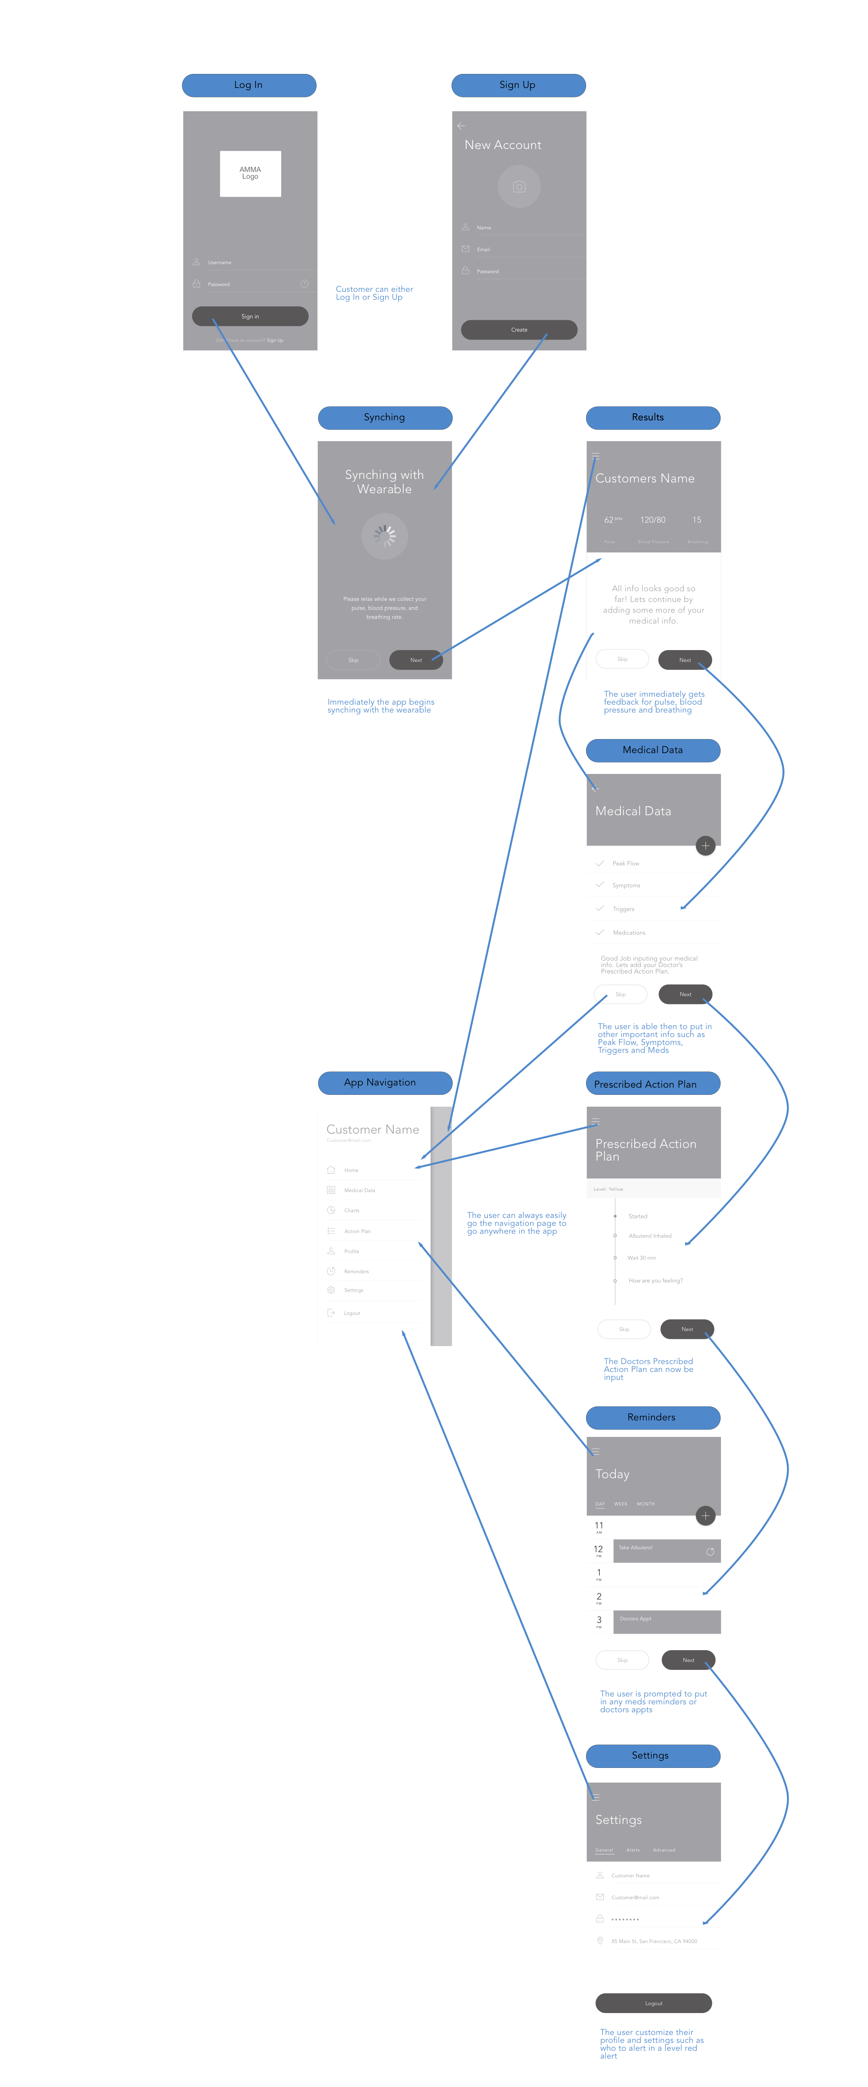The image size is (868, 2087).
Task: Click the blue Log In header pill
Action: [x=249, y=85]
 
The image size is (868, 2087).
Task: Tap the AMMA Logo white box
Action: [x=250, y=173]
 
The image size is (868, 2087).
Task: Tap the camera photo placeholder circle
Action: [x=519, y=186]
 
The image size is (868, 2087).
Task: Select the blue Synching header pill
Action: [x=385, y=417]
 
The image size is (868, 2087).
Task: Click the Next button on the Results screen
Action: [x=685, y=659]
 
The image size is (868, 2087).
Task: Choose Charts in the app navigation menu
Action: [x=352, y=1210]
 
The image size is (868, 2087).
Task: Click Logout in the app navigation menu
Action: [x=352, y=1312]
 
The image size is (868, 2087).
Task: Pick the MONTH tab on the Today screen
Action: [x=645, y=1504]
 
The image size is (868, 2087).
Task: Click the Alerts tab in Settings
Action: [x=633, y=1850]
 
